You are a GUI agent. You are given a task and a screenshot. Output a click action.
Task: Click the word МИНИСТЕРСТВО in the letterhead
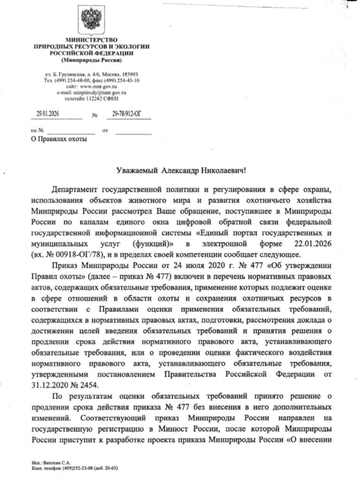click(x=91, y=40)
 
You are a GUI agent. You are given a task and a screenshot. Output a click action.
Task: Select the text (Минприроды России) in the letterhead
click(x=91, y=60)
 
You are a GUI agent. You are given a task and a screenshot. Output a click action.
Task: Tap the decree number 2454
click(x=89, y=385)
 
